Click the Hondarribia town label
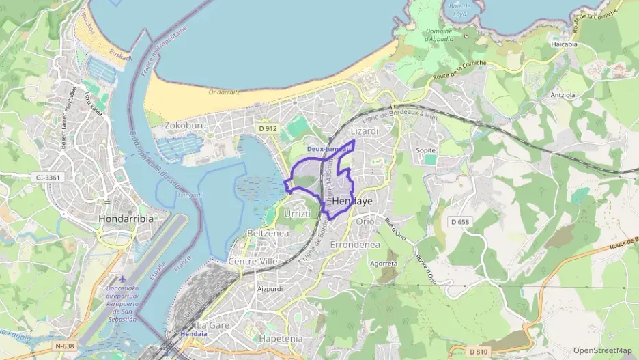pyautogui.click(x=126, y=219)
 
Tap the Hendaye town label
pyautogui.click(x=352, y=202)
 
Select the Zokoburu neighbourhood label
pyautogui.click(x=186, y=126)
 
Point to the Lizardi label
pyautogui.click(x=363, y=130)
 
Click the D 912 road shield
pyautogui.click(x=268, y=128)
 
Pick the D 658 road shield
pyautogui.click(x=460, y=222)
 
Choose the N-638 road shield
pyautogui.click(x=64, y=346)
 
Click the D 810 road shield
pyautogui.click(x=479, y=352)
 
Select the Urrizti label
pyautogui.click(x=297, y=214)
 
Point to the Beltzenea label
pyautogui.click(x=268, y=233)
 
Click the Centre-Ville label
pyautogui.click(x=253, y=262)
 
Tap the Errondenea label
pyautogui.click(x=354, y=244)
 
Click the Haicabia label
pyautogui.click(x=564, y=44)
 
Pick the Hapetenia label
pyautogui.click(x=281, y=338)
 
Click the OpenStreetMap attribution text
pyautogui.click(x=601, y=350)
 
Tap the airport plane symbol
pyautogui.click(x=122, y=279)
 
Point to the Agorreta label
pyautogui.click(x=383, y=263)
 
